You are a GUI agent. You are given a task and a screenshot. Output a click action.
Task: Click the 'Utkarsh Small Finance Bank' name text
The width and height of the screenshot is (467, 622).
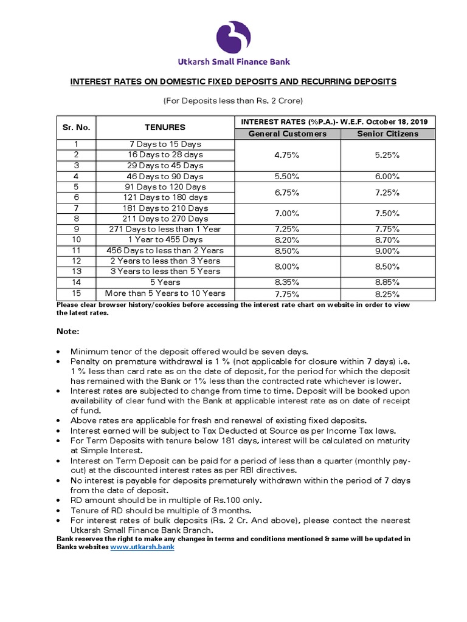[x=233, y=61]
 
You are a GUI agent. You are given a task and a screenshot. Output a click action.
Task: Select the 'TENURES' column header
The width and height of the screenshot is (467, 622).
[x=165, y=128]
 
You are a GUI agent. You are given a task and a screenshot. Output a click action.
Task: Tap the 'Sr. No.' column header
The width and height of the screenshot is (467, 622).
[x=77, y=128]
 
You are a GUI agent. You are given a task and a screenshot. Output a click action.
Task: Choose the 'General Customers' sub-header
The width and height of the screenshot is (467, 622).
[x=287, y=134]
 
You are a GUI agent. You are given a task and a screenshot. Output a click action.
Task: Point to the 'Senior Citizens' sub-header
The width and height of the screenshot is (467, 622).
[x=387, y=134]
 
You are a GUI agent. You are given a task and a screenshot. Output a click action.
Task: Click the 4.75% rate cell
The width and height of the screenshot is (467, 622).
[x=287, y=155]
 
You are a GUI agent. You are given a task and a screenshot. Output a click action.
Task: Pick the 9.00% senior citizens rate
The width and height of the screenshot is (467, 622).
[x=387, y=250]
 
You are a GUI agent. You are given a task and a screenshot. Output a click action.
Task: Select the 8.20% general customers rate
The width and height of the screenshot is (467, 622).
[x=287, y=240]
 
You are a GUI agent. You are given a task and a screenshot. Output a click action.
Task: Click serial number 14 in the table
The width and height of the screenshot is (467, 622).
[x=77, y=282]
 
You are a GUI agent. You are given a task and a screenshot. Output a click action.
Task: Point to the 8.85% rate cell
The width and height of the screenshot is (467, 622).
[x=387, y=282]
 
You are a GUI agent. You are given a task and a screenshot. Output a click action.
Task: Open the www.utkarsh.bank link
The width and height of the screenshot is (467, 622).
[x=142, y=547]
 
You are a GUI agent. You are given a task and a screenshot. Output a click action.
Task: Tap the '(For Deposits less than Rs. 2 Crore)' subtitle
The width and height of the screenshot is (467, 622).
[x=233, y=100]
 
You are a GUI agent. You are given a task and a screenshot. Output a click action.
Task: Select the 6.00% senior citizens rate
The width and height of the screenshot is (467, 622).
[x=387, y=176]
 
